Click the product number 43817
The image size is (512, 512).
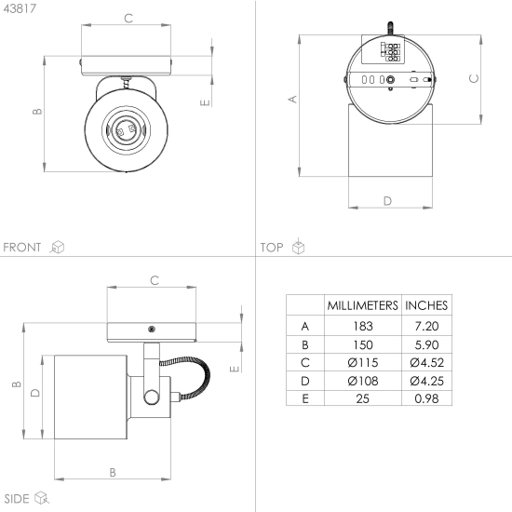20,8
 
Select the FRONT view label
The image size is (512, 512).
22,248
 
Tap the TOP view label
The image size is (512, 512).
272,248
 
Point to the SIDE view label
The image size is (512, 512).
17,499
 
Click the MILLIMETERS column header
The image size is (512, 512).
363,305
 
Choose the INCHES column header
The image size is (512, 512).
426,305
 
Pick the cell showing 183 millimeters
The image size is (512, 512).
363,326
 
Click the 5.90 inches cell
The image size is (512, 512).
426,344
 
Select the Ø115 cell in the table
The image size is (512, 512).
363,362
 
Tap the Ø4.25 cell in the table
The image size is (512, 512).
426,381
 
